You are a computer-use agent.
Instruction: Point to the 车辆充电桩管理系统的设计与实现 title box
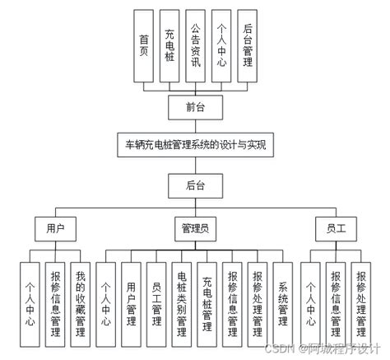194,145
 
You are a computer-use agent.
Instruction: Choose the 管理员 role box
196,226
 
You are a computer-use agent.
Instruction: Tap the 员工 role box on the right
336,226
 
